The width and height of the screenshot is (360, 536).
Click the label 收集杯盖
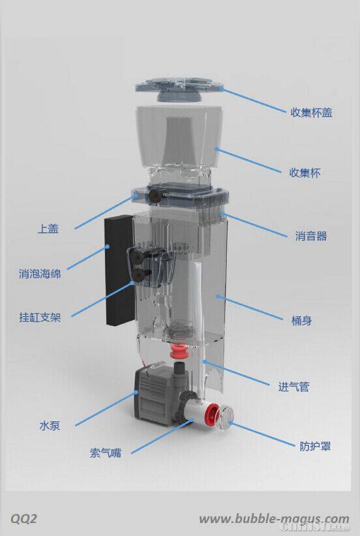click(311, 112)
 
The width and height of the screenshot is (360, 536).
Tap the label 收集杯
click(305, 173)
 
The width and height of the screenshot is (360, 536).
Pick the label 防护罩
click(315, 447)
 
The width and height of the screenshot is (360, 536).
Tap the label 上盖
click(48, 229)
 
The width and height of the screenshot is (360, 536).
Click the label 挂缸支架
click(40, 318)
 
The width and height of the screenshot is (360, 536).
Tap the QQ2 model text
click(23, 518)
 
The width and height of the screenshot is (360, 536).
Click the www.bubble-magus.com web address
click(273, 518)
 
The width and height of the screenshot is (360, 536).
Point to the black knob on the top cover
click(155, 194)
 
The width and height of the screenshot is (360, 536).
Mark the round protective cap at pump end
click(228, 417)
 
